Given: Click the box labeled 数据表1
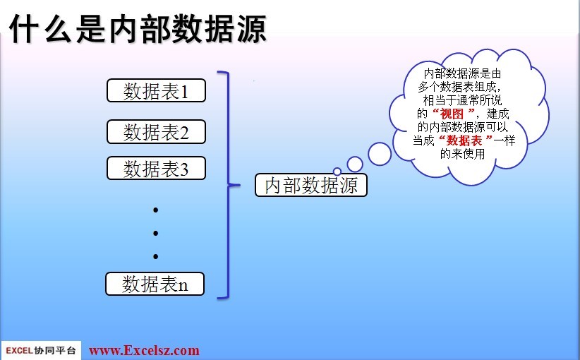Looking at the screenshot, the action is (156, 90).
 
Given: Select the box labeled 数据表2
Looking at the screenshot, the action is (156, 131).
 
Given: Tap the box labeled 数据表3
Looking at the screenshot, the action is (156, 168).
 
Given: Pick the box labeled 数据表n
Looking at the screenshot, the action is (155, 284).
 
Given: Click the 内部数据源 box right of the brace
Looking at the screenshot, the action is (311, 185).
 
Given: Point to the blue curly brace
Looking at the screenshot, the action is (229, 184).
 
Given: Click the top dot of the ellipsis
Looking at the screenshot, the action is (156, 210).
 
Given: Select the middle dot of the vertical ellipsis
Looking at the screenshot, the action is (156, 233).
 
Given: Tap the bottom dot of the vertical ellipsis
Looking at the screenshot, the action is (156, 256).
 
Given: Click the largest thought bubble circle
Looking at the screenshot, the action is (380, 154).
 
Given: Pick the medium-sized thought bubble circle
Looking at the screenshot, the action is (355, 164).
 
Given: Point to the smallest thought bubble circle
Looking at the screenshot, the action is (337, 172).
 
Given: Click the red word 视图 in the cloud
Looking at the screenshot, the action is (452, 113).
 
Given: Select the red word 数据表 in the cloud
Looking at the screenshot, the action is (464, 140).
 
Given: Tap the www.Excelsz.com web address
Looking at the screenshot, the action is (144, 350).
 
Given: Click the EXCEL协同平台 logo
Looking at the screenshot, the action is (41, 350).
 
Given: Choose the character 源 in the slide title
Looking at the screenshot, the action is (250, 28).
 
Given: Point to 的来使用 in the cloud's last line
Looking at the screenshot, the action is (462, 154).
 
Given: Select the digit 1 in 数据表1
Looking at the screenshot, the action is (184, 91).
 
